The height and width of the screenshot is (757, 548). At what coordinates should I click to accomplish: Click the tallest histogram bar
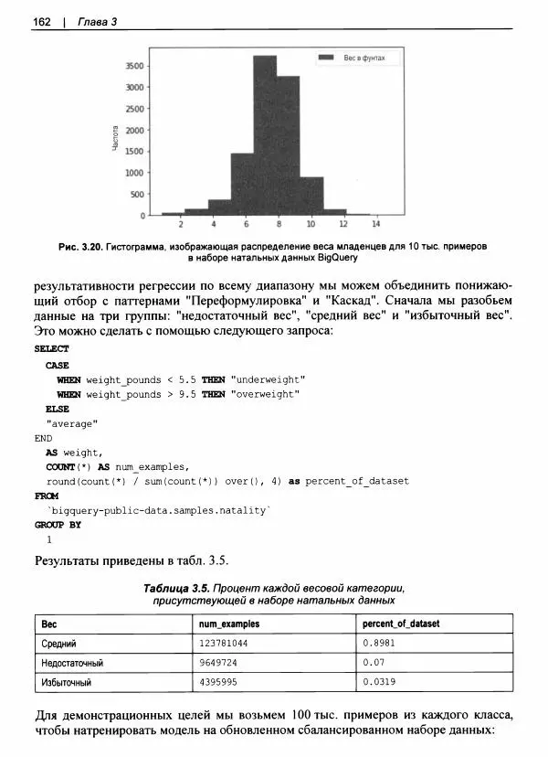click(264, 135)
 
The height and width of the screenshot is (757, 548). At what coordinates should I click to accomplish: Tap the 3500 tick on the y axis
click(134, 66)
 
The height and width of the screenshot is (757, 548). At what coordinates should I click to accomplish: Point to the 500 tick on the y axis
click(137, 194)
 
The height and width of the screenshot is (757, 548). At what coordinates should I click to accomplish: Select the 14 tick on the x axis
click(375, 224)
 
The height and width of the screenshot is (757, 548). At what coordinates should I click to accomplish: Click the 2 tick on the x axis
click(181, 224)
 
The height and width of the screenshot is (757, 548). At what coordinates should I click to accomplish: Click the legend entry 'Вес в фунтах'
click(364, 59)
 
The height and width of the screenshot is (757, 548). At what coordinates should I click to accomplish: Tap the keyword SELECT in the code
click(51, 348)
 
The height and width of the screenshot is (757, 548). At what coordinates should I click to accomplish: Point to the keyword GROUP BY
click(58, 525)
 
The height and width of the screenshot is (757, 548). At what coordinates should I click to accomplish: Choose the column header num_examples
click(229, 624)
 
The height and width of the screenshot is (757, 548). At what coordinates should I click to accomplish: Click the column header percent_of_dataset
click(401, 624)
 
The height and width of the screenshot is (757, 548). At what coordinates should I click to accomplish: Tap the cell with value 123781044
click(229, 643)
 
